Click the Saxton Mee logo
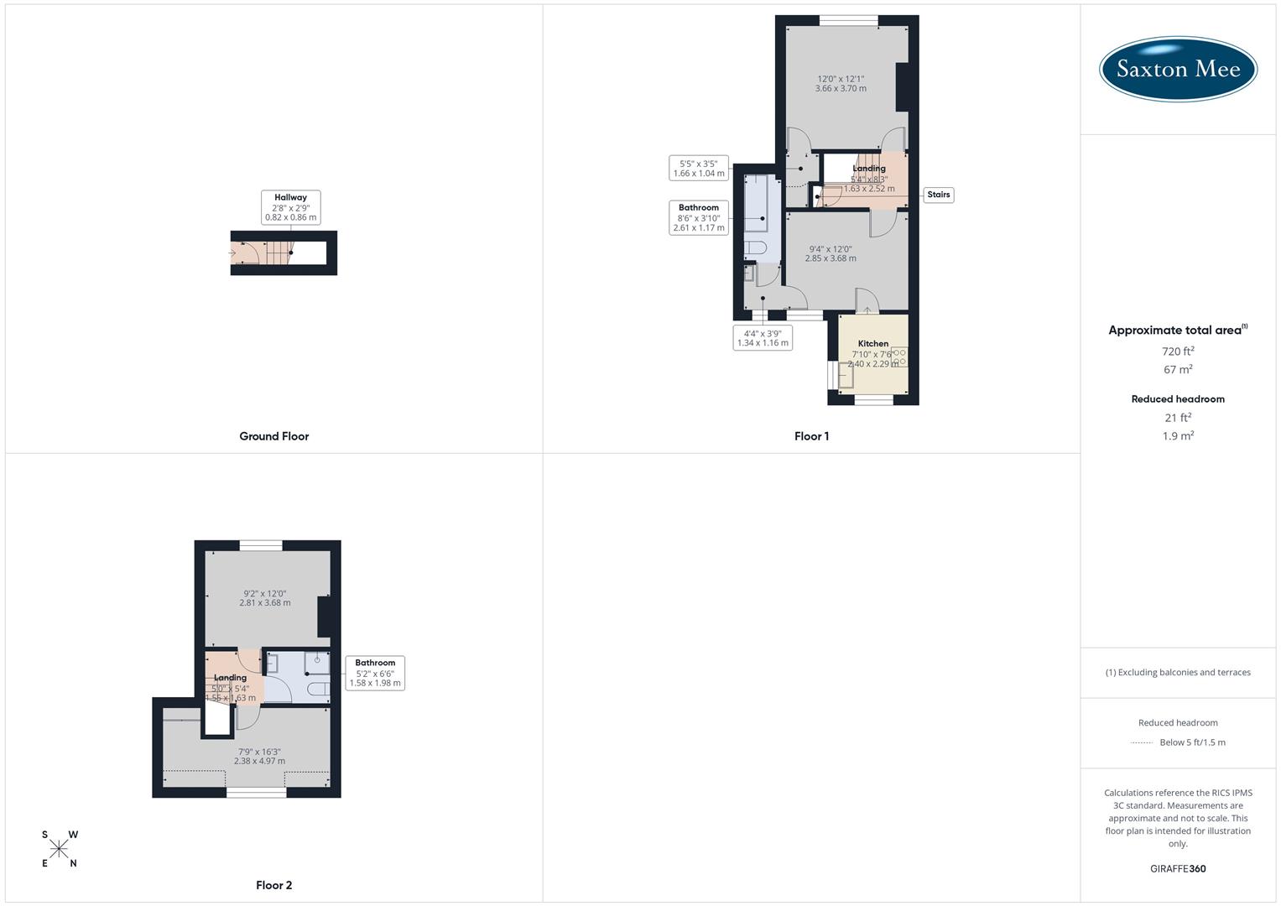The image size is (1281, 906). [x=1178, y=69]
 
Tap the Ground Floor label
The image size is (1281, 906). [x=273, y=436]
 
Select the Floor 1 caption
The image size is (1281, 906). [x=811, y=436]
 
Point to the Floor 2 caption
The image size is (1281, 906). [x=273, y=885]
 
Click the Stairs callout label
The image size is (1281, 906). [x=939, y=195]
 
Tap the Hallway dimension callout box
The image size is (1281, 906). [x=290, y=207]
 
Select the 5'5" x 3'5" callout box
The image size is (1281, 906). [x=698, y=169]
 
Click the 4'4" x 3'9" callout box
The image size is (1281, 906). [x=762, y=338]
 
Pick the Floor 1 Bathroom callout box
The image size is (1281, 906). [x=698, y=217]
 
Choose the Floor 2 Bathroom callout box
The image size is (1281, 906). [x=375, y=673]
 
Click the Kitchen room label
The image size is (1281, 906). [x=873, y=344]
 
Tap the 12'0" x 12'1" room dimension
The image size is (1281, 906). [x=841, y=83]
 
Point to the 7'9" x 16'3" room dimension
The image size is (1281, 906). [x=259, y=757]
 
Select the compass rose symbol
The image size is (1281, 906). [x=59, y=849]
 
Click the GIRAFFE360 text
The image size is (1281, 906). [x=1178, y=869]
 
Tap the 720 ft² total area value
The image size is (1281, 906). [x=1178, y=351]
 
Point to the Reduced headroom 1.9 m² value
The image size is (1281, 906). [x=1178, y=436]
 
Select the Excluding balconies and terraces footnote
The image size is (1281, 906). [x=1178, y=672]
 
